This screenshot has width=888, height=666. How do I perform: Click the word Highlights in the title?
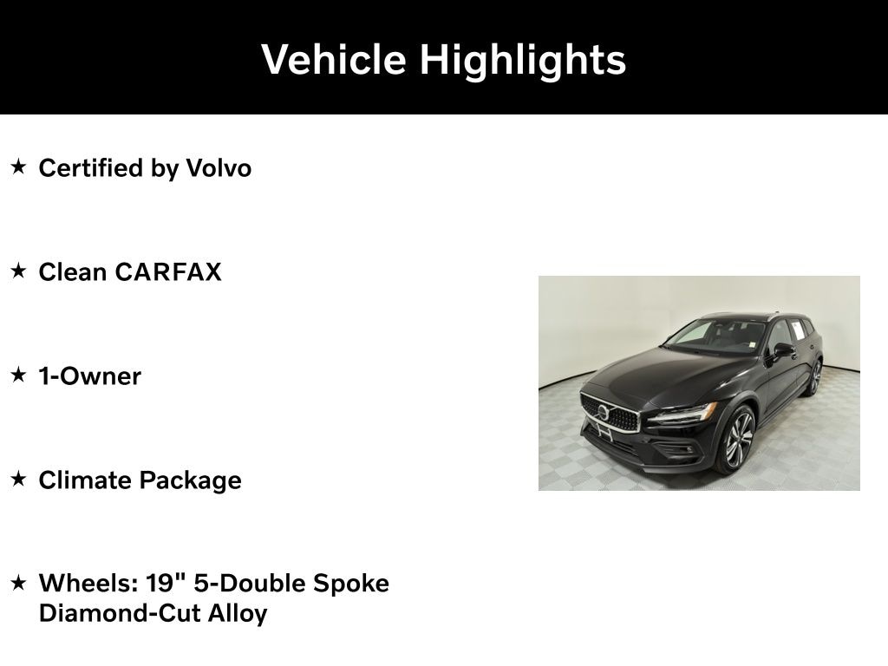[x=523, y=59]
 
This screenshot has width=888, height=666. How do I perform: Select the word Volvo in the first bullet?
[x=219, y=168]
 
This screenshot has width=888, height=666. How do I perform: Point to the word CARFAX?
[x=168, y=272]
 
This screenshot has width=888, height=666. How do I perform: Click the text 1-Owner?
[x=89, y=376]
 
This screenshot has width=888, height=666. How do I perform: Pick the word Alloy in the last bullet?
[x=238, y=614]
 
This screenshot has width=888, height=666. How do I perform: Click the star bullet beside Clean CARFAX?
[x=18, y=271]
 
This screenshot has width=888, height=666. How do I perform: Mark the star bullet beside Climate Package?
[x=18, y=480]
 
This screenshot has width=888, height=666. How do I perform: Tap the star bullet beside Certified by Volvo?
[x=18, y=167]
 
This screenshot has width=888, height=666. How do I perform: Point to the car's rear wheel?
[x=814, y=378]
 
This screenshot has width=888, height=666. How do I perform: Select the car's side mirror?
[x=783, y=349]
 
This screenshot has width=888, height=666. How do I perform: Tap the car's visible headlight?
[x=682, y=415]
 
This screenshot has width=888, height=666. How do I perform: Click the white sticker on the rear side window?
[x=797, y=330]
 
